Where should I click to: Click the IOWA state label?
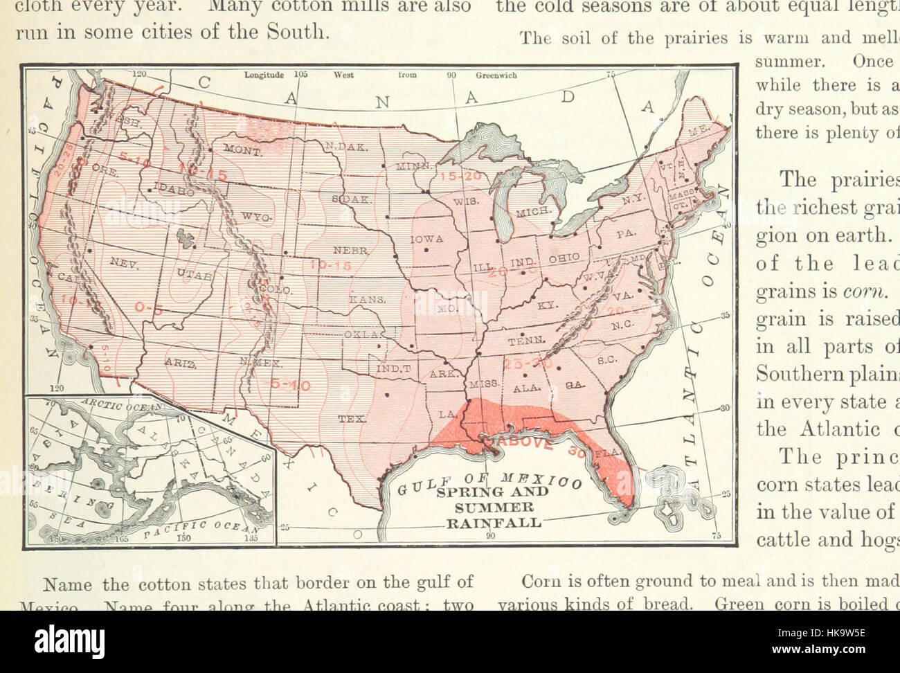click(x=427, y=239)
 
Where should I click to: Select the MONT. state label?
click(x=242, y=150)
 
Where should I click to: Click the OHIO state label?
click(x=564, y=258)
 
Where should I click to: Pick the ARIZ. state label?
click(x=177, y=361)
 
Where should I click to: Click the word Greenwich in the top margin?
click(x=496, y=76)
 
